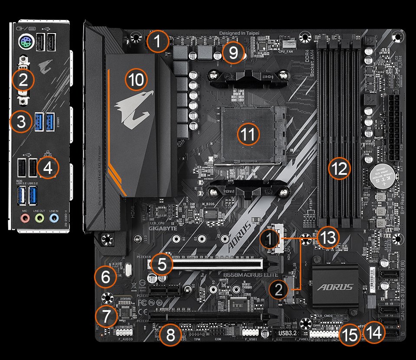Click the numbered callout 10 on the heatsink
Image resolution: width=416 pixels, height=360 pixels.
pos(136,79)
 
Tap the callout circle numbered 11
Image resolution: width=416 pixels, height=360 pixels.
pos(248,134)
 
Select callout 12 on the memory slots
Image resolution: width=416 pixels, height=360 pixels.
pos(339,169)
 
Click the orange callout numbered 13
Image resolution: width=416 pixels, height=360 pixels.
pos(326,237)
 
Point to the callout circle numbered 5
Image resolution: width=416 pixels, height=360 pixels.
pos(162,265)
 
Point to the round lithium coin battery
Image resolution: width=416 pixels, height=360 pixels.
pos(383,177)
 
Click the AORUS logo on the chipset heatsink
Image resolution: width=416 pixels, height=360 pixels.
pos(335,287)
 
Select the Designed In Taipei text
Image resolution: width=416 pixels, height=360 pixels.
pos(241,33)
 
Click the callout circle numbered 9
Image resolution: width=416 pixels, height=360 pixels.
pos(233,53)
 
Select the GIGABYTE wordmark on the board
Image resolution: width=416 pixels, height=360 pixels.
pos(163,227)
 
